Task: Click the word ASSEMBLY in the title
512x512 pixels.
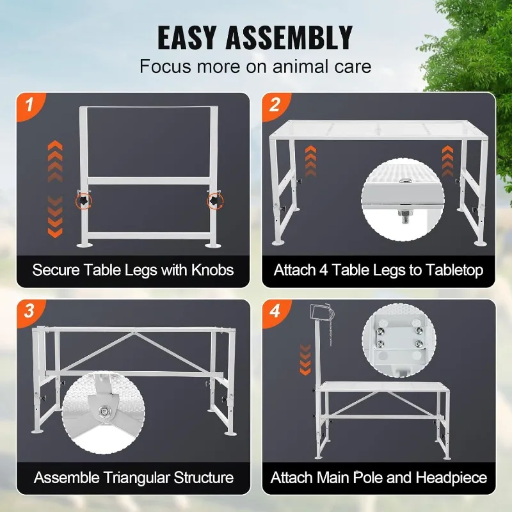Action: point(298,38)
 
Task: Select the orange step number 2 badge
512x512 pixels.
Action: point(273,104)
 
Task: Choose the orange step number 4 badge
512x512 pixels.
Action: point(273,312)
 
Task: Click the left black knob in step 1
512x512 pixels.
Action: point(83,201)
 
